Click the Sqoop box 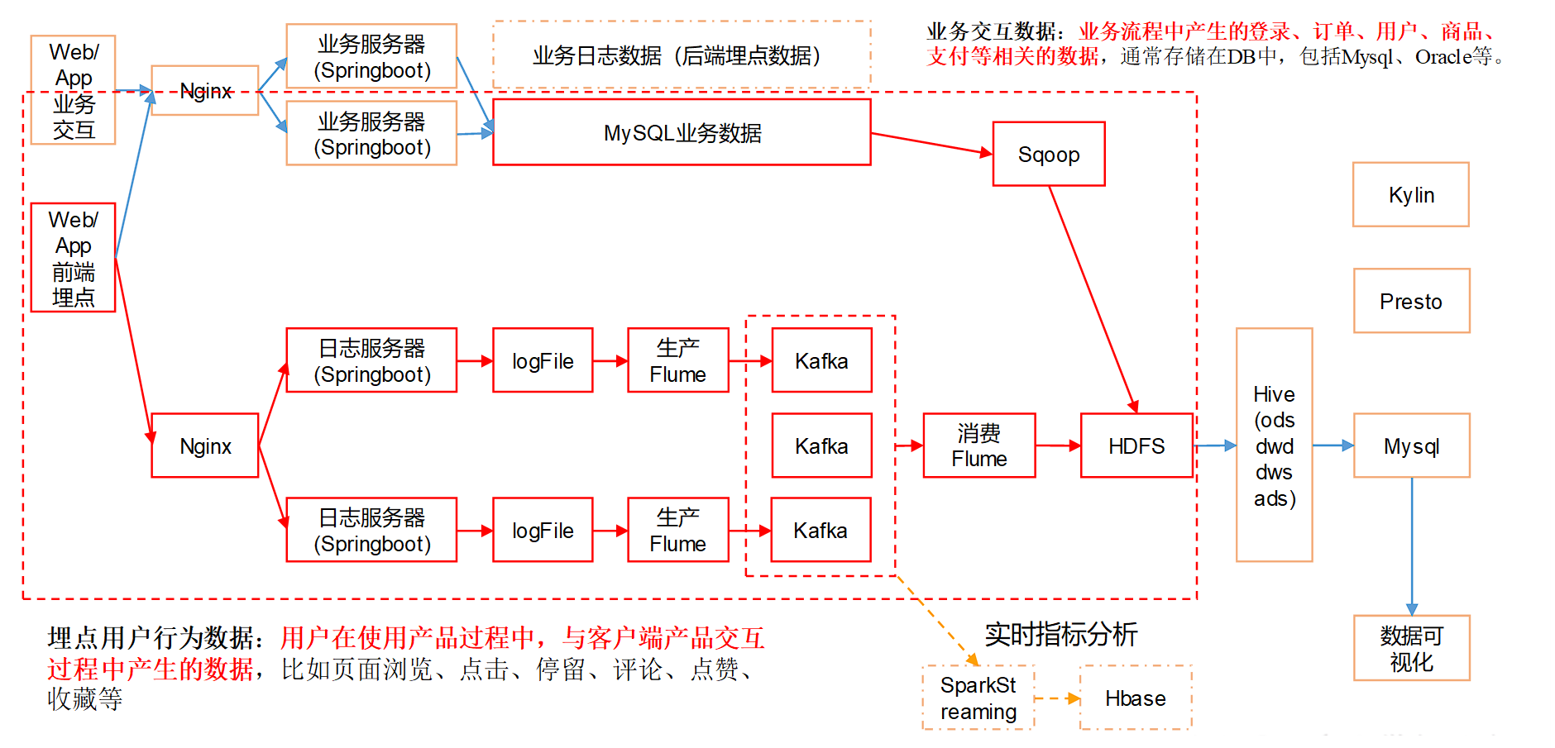[1048, 155]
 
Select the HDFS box [1136, 445]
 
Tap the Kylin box [1410, 195]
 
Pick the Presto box [1411, 301]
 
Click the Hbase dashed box [1135, 698]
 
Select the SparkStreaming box [978, 698]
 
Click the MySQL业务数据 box [682, 132]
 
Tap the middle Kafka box [821, 445]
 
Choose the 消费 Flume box [978, 445]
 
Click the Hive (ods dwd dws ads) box [1274, 445]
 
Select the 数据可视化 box [1411, 648]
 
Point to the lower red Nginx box [205, 445]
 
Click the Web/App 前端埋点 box [73, 257]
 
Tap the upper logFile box [543, 360]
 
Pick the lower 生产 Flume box [677, 530]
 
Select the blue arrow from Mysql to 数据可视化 [1412, 546]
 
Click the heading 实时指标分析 [1060, 634]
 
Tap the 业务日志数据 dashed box [682, 55]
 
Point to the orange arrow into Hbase [1058, 698]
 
